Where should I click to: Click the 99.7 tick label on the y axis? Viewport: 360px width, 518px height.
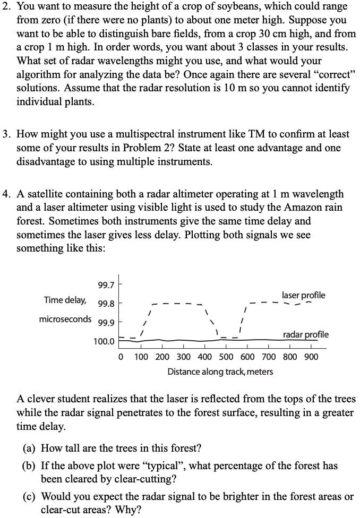click(x=106, y=286)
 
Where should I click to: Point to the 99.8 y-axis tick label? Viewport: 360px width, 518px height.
click(x=106, y=304)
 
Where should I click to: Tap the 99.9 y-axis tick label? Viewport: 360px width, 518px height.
click(x=106, y=322)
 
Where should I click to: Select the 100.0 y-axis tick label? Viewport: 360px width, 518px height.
click(x=104, y=341)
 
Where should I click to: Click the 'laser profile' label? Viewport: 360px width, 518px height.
click(x=304, y=295)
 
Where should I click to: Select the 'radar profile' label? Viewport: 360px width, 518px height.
click(x=305, y=334)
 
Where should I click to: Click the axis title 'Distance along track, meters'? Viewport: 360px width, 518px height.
click(x=220, y=372)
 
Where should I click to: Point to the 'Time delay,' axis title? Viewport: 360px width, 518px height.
click(x=65, y=300)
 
